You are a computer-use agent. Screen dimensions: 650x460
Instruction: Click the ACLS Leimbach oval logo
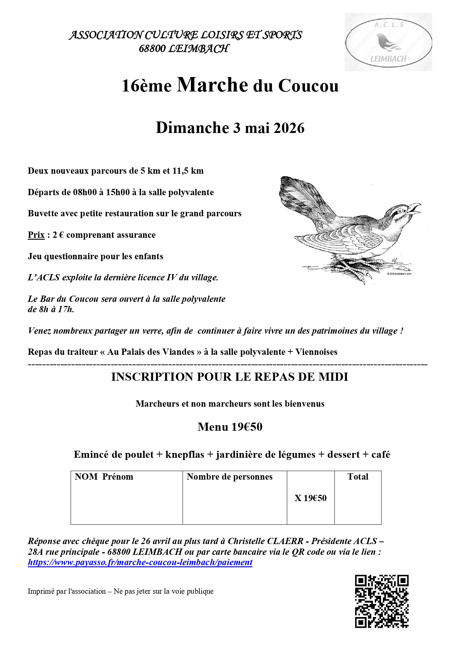388,42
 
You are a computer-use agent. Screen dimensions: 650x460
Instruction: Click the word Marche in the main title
212,85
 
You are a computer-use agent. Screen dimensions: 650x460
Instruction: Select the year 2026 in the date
289,128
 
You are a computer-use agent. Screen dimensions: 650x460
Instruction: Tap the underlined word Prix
36,235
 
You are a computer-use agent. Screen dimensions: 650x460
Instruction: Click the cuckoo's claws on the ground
356,270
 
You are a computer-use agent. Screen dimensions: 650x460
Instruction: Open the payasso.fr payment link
140,562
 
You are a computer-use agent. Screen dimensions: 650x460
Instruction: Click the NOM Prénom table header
104,477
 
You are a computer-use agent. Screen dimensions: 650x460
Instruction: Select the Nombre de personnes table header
229,477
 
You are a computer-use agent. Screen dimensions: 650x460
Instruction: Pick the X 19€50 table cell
311,498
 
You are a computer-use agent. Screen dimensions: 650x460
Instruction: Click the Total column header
358,477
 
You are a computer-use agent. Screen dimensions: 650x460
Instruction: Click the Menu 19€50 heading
230,427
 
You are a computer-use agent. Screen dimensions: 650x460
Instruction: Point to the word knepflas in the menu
185,454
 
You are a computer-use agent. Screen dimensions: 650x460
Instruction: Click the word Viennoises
316,352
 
